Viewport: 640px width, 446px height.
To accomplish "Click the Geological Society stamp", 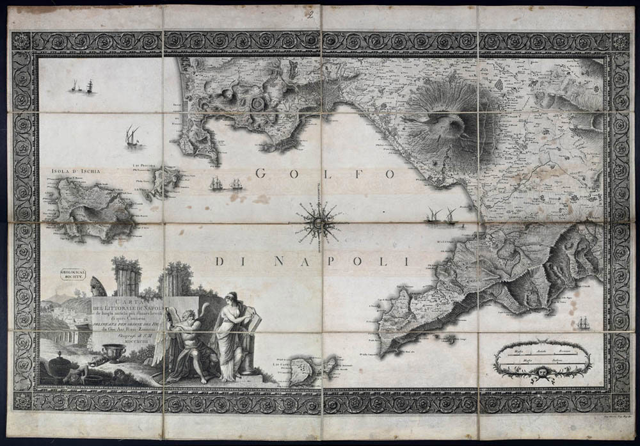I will [70, 274].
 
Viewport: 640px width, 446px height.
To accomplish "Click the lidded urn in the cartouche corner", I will [59, 367].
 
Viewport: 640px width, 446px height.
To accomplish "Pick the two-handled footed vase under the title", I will [117, 352].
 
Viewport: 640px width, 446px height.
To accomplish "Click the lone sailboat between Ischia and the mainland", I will [132, 136].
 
